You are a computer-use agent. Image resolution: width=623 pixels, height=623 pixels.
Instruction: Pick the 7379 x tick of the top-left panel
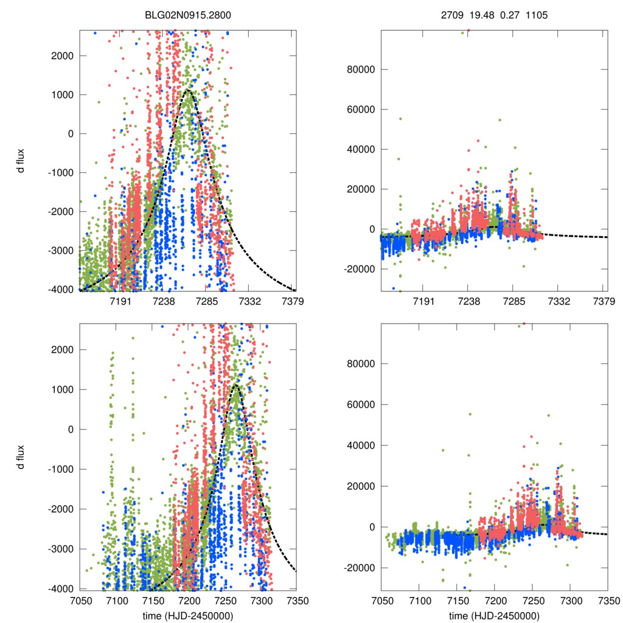coord(292,301)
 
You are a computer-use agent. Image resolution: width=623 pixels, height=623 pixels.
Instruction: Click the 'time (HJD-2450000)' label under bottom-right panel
coord(494,615)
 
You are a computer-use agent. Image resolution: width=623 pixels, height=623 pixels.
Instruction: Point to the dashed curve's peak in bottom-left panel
coord(235,385)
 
